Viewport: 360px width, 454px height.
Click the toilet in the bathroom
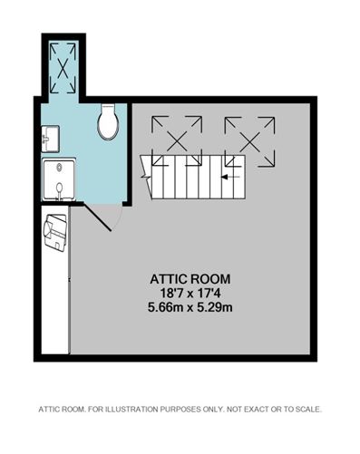(107, 121)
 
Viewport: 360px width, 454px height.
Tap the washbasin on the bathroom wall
(50, 139)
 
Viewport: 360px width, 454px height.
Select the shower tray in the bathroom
(59, 179)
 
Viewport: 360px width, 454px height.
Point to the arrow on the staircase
(231, 177)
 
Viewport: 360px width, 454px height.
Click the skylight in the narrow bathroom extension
(63, 68)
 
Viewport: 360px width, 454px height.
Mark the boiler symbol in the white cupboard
(55, 232)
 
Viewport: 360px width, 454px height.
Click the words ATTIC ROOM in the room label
(190, 279)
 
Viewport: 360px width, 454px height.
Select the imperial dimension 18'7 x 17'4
(190, 293)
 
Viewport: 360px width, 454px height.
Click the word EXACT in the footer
(257, 410)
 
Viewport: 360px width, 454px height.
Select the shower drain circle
(59, 166)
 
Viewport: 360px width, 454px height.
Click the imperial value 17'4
(213, 293)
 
